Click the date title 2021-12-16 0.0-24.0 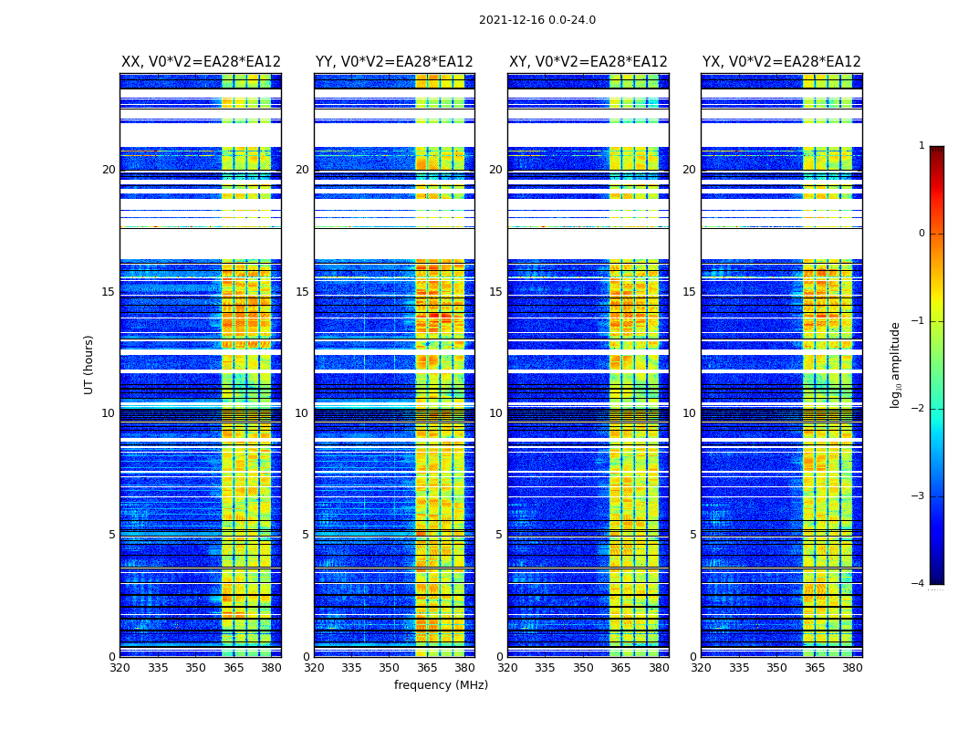(536, 20)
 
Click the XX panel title (201, 62)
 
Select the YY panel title (394, 62)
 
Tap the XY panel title (588, 62)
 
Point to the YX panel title (782, 62)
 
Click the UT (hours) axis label (89, 364)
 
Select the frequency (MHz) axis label (441, 685)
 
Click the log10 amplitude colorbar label (896, 364)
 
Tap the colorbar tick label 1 (922, 146)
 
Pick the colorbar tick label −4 (919, 584)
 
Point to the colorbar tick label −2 (919, 409)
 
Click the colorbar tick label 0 (922, 234)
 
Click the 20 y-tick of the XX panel (109, 170)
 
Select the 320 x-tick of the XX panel (120, 668)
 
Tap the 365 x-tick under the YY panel (427, 668)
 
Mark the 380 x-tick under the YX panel (852, 668)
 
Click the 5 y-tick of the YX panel (692, 535)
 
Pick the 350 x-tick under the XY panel (583, 668)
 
